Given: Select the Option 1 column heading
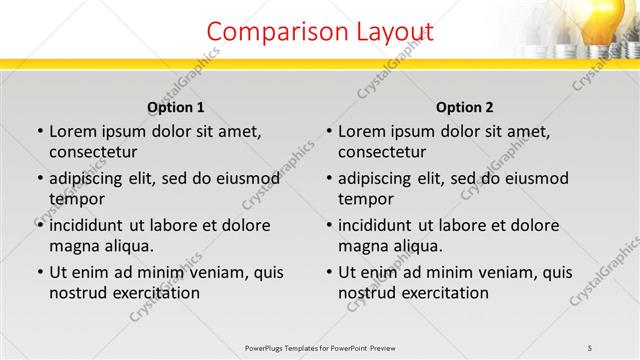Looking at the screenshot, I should tap(175, 107).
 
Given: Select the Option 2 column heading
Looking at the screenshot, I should tap(464, 107).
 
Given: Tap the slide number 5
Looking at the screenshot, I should tap(590, 347).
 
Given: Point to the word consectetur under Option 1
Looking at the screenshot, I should tap(93, 152).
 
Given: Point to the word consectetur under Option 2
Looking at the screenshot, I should tap(382, 152).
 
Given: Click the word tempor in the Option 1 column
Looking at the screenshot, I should tap(75, 198).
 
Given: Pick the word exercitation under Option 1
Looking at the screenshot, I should tap(155, 293).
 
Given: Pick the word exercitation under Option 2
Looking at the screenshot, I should tap(444, 293).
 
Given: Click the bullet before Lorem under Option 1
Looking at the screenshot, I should tap(40, 131).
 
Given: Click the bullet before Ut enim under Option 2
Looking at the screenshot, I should tap(329, 272).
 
